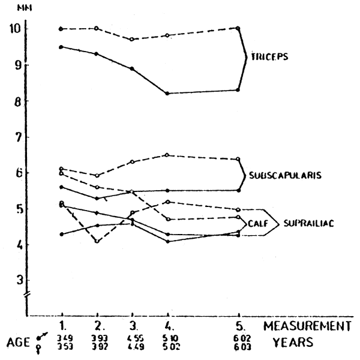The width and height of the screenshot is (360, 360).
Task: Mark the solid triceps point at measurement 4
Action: [167, 93]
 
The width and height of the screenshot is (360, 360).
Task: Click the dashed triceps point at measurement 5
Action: [239, 28]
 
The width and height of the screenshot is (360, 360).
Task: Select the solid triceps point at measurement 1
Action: [62, 46]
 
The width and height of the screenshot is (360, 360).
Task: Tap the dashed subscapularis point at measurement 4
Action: [167, 155]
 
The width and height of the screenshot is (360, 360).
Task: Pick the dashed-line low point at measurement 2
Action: [97, 241]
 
